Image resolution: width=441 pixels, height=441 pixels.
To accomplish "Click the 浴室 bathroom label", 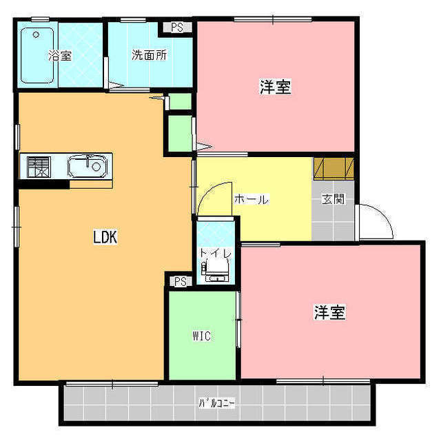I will (x=60, y=56).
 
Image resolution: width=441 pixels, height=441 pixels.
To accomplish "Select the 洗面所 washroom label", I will (x=148, y=55).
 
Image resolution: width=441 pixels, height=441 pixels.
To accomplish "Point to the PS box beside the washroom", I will (x=177, y=28).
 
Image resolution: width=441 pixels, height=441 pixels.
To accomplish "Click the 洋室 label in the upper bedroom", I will (x=274, y=88).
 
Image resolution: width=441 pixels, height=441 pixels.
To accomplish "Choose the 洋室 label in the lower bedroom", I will (x=329, y=312).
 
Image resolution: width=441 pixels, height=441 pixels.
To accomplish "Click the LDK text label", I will (x=105, y=237).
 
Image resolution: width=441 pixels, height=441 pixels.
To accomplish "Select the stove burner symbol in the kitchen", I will (x=37, y=167).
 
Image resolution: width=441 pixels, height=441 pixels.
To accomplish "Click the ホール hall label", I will (x=251, y=200).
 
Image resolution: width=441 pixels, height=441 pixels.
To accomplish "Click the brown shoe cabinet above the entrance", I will (x=334, y=168).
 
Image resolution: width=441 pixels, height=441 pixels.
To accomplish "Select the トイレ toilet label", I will (x=216, y=253).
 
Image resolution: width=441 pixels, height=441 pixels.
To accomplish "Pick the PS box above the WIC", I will (x=180, y=281).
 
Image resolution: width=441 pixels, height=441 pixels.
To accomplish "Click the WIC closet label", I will (x=201, y=336).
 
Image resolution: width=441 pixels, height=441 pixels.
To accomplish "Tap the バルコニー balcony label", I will (x=216, y=403).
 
